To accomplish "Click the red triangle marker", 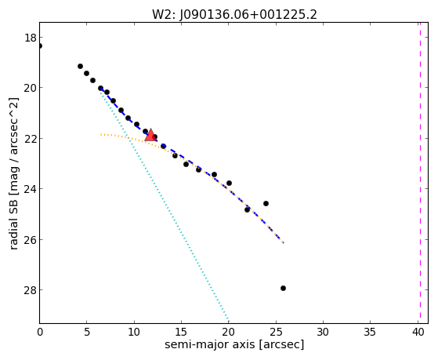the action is click(150, 135).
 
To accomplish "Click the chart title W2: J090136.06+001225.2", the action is click(234, 15).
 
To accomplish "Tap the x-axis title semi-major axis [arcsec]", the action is click(234, 344).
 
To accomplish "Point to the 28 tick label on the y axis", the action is click(30, 290).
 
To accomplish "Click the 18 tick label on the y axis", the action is click(30, 38).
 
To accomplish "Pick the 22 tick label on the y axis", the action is click(30, 139).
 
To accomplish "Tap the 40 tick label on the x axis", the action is click(418, 332).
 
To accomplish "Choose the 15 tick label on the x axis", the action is click(181, 332).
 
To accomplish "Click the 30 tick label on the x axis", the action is click(323, 332).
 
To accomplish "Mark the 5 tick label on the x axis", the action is click(87, 332).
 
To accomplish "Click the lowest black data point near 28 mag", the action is click(283, 288).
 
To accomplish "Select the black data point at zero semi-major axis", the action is click(40, 45).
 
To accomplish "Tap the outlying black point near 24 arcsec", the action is click(266, 203).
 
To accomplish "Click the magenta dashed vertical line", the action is click(420, 173).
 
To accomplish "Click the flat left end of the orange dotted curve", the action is click(101, 135).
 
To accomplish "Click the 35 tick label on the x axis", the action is click(371, 332).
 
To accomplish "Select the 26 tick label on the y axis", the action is click(30, 240).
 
